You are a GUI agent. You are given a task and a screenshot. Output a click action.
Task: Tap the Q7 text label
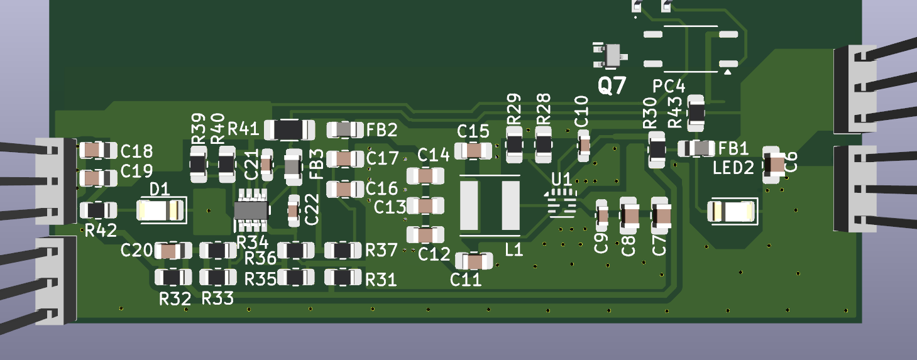[x=612, y=85]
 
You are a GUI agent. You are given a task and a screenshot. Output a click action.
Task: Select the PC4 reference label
[x=669, y=86]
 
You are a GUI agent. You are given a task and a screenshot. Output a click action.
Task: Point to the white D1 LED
[x=162, y=210]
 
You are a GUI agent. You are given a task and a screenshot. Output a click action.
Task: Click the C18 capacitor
[x=98, y=150]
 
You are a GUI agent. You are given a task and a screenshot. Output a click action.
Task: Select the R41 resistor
[x=290, y=129]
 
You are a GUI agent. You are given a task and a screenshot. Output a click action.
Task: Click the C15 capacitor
[x=473, y=150]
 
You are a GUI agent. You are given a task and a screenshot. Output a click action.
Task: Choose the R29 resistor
[x=514, y=146]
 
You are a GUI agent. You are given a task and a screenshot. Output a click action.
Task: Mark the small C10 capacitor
[x=584, y=146]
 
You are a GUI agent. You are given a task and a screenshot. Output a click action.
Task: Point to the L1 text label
[x=514, y=250]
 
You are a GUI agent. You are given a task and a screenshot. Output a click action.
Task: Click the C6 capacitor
[x=774, y=165]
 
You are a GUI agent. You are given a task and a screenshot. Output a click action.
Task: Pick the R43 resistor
[x=696, y=112]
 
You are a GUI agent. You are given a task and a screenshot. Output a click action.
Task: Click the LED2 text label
[x=733, y=168]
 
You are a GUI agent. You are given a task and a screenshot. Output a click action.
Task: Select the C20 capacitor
[x=173, y=251]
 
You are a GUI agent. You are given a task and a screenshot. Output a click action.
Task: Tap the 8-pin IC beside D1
[x=252, y=210]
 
